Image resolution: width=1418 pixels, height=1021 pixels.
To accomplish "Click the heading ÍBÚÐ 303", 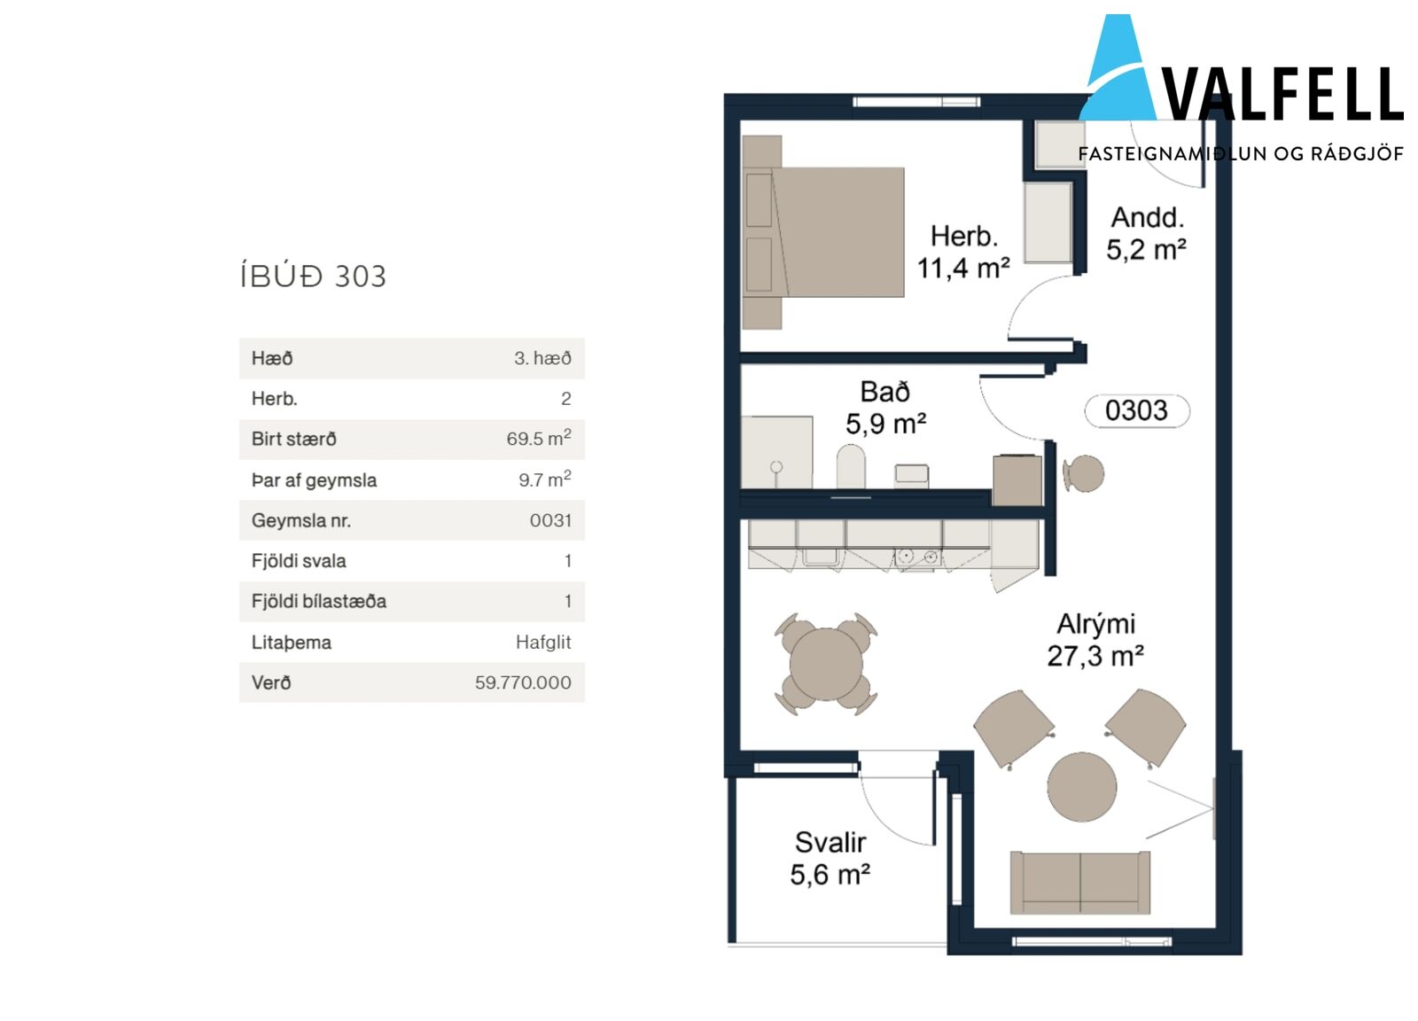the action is coord(314,277).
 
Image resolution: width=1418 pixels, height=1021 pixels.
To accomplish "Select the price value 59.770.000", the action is coord(523,683).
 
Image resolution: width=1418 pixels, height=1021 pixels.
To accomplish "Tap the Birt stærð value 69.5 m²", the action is coord(539,438).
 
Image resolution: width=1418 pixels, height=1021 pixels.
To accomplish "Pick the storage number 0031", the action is coord(550,521).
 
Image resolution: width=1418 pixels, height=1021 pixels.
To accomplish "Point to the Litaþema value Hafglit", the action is coord(543,643).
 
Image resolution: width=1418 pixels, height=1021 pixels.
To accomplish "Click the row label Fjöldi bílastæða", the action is coord(319,601).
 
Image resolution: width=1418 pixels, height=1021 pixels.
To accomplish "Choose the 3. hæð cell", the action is coord(542,358).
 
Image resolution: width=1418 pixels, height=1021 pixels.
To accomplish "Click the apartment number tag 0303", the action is coord(1137,411).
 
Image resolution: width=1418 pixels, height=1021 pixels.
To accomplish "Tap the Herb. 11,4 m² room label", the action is coord(963,253).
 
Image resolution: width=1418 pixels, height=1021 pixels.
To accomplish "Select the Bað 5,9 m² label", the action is coord(885,409).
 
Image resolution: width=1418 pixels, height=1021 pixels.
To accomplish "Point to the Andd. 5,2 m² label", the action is coord(1147,234).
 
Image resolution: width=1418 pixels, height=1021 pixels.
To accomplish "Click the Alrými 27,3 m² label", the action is coord(1095,641).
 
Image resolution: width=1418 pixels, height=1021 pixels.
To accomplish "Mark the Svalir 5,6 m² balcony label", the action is coord(830,859).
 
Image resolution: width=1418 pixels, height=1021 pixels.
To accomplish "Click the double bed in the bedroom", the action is coord(823,232).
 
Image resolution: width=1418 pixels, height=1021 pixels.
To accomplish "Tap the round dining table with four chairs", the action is coord(826,665).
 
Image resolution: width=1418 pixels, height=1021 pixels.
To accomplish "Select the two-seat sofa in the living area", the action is coord(1080,883).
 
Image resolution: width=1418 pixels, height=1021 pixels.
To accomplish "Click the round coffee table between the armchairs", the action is coord(1082,787).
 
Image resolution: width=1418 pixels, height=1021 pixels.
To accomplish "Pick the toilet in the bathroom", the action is coord(851,466).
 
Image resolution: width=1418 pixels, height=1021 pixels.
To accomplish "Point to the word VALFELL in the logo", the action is coord(1283,95).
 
